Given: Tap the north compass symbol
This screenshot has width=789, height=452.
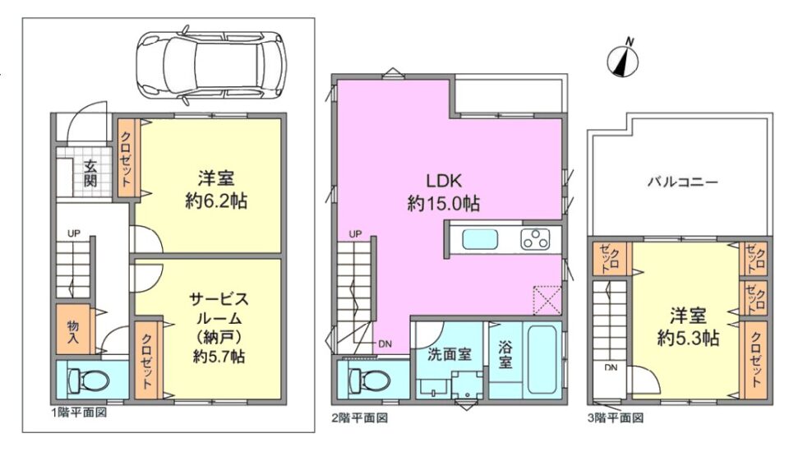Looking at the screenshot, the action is point(623,58).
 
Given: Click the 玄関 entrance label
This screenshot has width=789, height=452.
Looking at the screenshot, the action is point(90,173).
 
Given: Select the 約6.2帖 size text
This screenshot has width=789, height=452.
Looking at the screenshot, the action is point(216,201).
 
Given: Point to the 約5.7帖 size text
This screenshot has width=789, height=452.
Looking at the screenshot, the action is point(219,357).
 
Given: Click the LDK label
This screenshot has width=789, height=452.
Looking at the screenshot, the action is point(444,180).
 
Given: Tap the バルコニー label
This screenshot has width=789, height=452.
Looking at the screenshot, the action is point(682,182).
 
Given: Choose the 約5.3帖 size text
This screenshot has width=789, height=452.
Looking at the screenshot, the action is point(688,339).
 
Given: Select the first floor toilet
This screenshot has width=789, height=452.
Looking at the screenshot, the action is point(88,381).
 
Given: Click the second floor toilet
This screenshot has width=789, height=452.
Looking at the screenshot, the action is point(369,379).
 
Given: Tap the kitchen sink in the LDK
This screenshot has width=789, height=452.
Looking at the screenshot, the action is point(480,239).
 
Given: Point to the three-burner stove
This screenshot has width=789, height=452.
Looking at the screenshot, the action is point(535,239).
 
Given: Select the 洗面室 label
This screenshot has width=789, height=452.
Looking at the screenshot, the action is point(450,354).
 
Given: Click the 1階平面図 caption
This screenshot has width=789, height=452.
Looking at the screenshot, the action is point(79,413).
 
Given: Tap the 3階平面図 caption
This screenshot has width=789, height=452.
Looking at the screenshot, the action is point(616,417).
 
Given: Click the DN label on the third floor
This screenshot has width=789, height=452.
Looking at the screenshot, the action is point(611,367).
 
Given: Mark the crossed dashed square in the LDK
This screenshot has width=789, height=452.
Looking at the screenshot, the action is point(547,300).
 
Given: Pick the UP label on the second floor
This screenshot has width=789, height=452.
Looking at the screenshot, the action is point(355,234).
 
